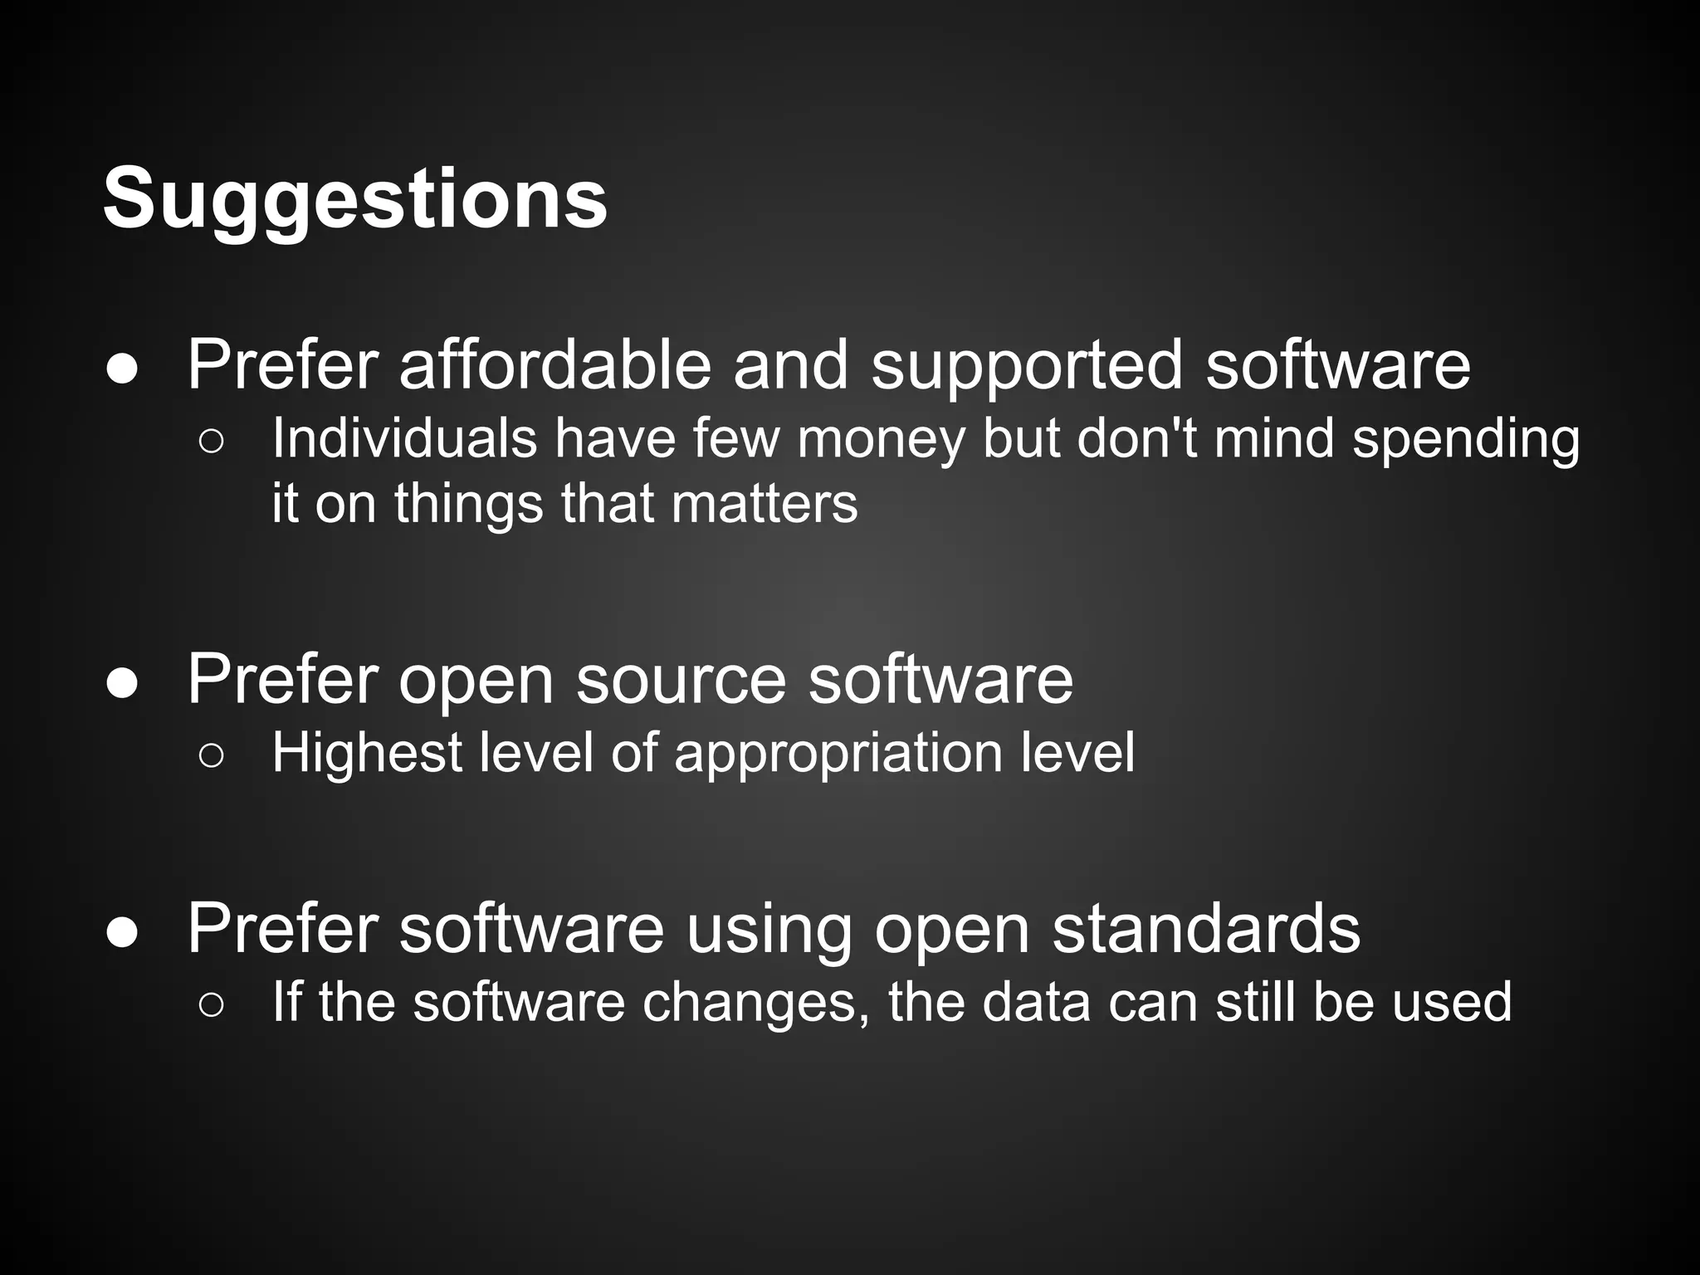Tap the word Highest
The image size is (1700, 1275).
367,753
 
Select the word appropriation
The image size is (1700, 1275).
838,753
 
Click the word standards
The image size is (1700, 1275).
1206,929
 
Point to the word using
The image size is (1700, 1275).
769,929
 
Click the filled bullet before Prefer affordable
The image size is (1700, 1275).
122,371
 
